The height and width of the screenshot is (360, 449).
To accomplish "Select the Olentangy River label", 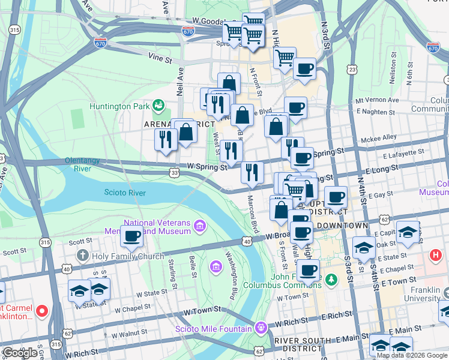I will (86, 164).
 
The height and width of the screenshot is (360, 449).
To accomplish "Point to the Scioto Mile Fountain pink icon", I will (260, 328).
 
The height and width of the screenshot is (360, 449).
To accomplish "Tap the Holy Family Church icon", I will (83, 256).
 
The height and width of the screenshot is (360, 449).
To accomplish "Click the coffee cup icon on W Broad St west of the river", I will (131, 235).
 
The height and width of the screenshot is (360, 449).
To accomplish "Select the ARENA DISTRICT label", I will (179, 124).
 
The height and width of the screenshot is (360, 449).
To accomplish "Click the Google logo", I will (20, 352).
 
